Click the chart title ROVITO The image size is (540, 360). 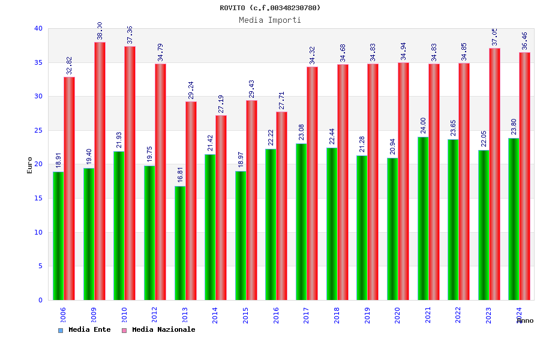click(270, 8)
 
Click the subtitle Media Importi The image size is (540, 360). click(270, 20)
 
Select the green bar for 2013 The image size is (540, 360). click(180, 243)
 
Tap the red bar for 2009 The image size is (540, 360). click(100, 171)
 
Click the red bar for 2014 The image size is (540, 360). click(221, 208)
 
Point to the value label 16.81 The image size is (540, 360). click(180, 175)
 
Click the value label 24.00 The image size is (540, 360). click(423, 125)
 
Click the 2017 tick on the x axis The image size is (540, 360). click(307, 315)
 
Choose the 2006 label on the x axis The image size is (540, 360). click(63, 315)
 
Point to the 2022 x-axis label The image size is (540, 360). click(458, 315)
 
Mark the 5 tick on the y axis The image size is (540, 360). click(40, 266)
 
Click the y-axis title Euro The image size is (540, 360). click(30, 165)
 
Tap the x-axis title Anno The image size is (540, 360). click(525, 321)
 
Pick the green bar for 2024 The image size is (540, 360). click(514, 219)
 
